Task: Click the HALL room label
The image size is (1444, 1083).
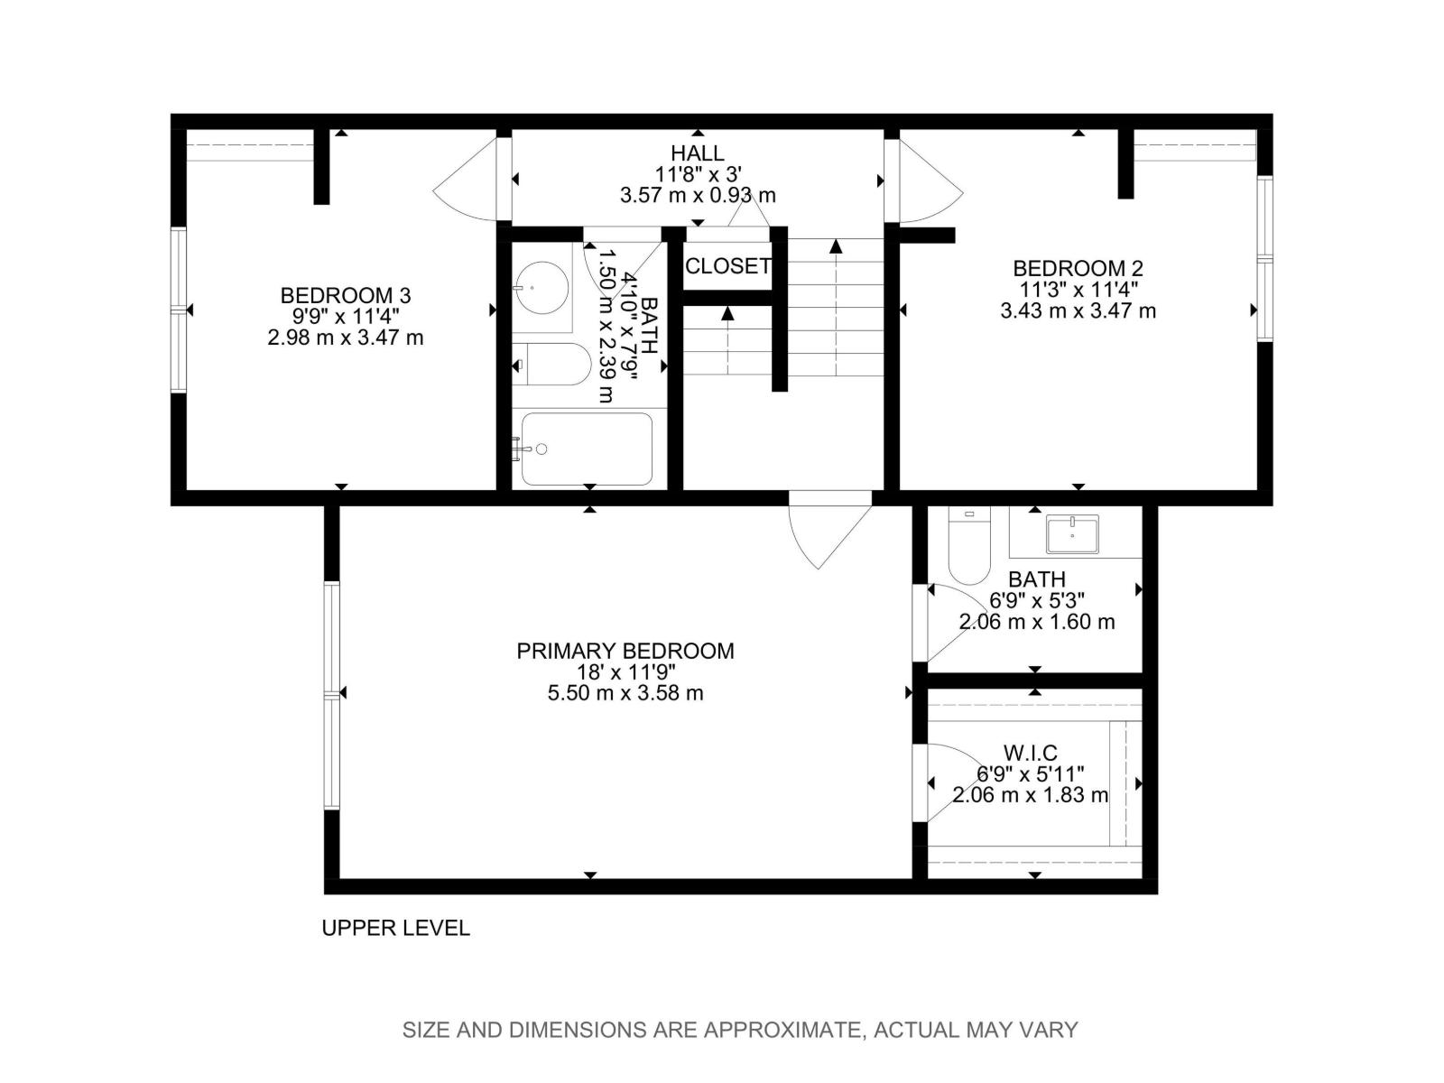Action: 697,153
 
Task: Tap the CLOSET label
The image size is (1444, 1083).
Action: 727,266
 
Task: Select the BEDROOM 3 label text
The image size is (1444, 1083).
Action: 346,295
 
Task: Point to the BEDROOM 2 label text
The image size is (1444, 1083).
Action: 1078,268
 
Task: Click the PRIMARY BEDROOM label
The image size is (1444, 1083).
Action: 625,651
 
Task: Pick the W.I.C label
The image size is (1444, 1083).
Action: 1030,753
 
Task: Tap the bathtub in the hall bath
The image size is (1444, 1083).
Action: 587,449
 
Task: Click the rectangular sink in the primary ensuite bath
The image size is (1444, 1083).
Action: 1072,533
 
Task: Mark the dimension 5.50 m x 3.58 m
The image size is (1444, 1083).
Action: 625,693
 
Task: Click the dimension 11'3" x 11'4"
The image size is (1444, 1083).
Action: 1078,290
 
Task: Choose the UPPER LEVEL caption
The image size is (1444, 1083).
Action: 395,928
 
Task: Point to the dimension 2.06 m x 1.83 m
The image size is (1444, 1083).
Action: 1030,795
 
